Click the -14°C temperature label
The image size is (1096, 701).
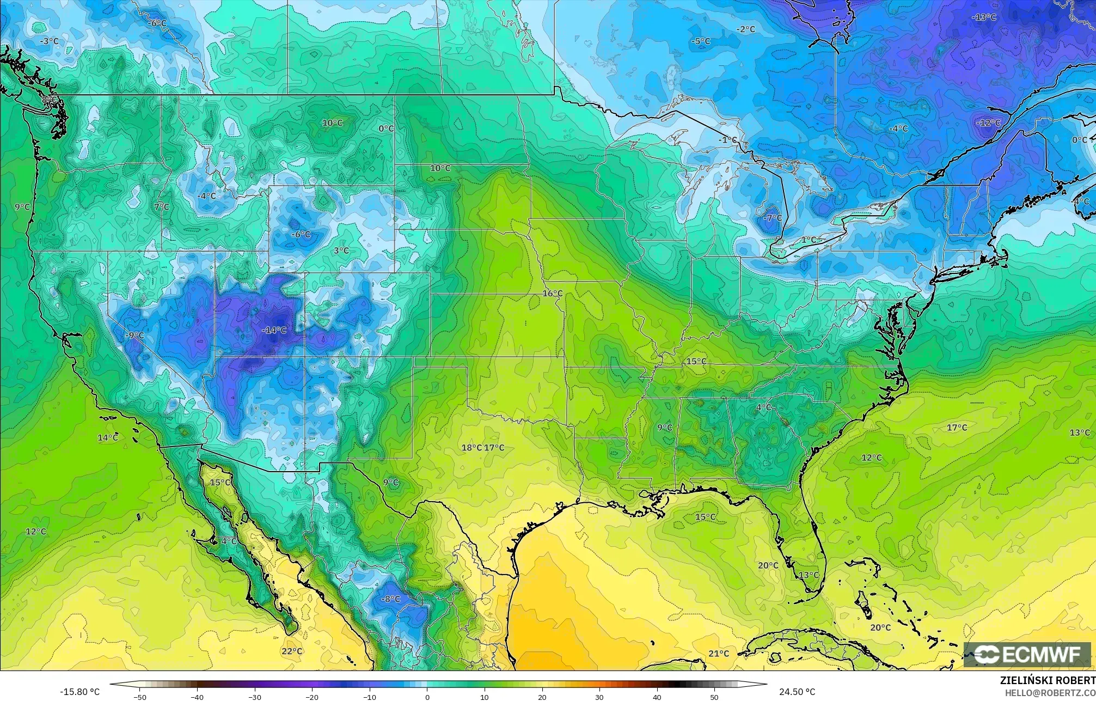[x=274, y=330]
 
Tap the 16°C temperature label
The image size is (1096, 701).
[x=552, y=294]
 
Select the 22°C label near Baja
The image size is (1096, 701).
[x=292, y=651]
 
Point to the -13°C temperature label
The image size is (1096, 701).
[x=984, y=17]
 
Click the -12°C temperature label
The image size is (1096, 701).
[x=988, y=123]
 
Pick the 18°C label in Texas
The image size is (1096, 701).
[x=472, y=448]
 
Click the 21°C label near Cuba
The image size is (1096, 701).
[x=719, y=654]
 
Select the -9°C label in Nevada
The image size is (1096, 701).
[x=134, y=336]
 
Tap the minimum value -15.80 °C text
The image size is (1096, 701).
[x=79, y=692]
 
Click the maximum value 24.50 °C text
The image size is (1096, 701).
[x=797, y=692]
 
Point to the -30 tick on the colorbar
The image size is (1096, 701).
[x=255, y=697]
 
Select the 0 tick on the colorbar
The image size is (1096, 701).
[x=427, y=697]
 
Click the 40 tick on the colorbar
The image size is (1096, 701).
[x=657, y=697]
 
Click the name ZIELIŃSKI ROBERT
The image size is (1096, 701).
[x=1048, y=680]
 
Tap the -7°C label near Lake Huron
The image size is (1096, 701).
[x=772, y=218]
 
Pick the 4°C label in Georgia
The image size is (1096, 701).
[x=763, y=407]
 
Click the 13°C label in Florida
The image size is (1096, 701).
[x=808, y=575]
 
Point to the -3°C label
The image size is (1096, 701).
[x=49, y=41]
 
